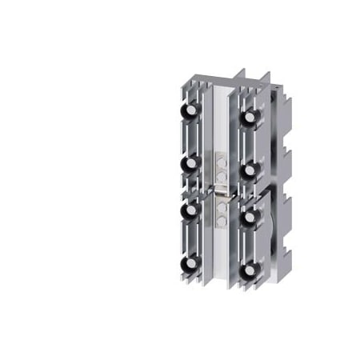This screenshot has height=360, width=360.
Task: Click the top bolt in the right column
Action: tap(251, 119)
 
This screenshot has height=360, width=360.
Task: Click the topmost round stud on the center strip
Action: tap(222, 159)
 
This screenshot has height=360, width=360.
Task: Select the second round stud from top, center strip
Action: tap(222, 170)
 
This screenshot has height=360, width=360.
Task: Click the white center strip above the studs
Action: tap(222, 120)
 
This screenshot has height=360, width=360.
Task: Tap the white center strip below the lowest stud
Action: tap(222, 256)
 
